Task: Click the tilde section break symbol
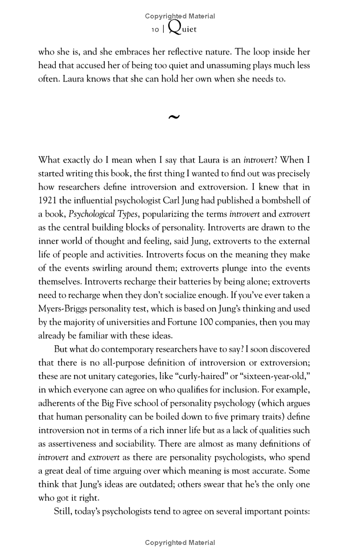173,118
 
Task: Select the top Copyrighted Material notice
180,16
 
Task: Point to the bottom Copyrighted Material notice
180,543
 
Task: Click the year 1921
49,200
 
